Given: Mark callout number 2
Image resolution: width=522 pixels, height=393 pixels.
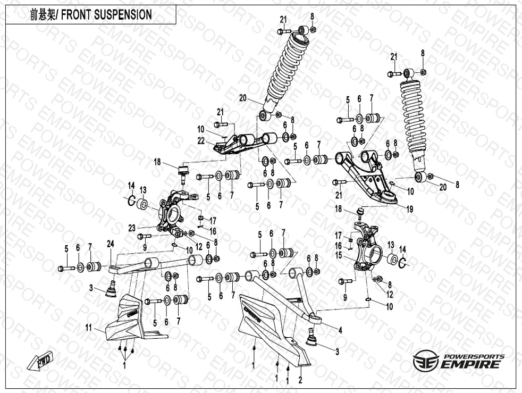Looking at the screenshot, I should pos(300,380).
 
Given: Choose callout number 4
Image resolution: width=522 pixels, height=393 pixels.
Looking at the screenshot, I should pos(340,330).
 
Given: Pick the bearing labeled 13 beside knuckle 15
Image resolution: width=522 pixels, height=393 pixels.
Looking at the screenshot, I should pos(393,259).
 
